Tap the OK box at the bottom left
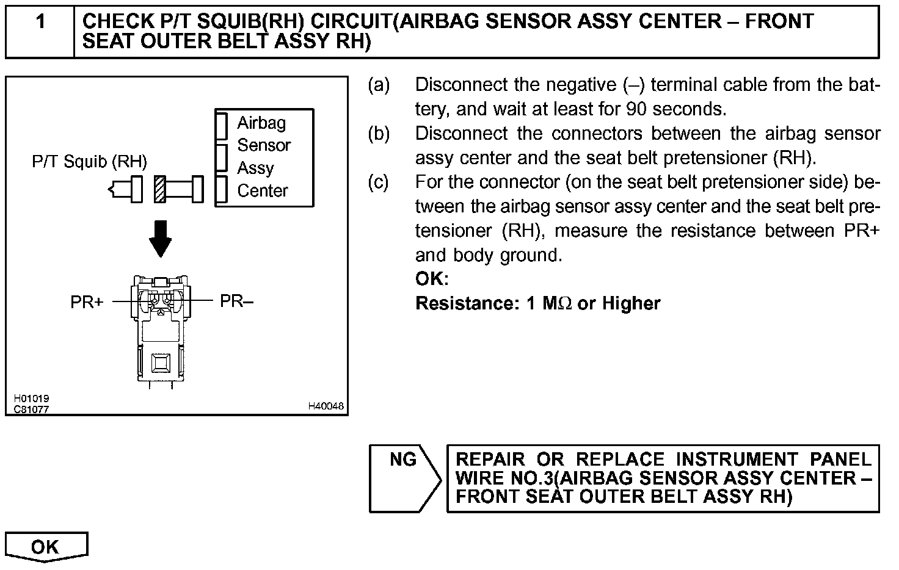coord(46,547)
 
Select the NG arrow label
coord(403,459)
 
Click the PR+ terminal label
coord(87,302)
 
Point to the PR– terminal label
coord(236,301)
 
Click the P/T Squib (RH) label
coord(89,162)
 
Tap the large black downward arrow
coord(161,239)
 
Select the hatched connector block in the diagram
coord(160,189)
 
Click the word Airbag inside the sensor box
coord(261,123)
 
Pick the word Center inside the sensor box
coord(263,191)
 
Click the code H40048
coord(326,406)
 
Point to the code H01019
coord(32,399)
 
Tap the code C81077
coord(32,409)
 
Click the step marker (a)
coord(379,85)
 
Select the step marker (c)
coord(379,182)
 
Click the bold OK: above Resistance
coord(432,279)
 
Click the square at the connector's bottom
coord(161,363)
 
